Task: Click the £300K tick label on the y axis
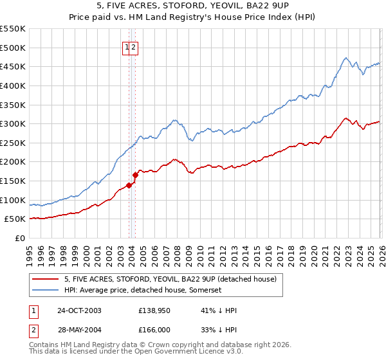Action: [13, 123]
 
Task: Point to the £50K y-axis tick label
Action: [15, 219]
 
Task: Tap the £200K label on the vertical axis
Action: [13, 162]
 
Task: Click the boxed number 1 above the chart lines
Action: [127, 46]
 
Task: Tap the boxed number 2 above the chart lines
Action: [134, 46]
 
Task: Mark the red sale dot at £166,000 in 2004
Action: [136, 175]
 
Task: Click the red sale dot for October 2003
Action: [129, 185]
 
